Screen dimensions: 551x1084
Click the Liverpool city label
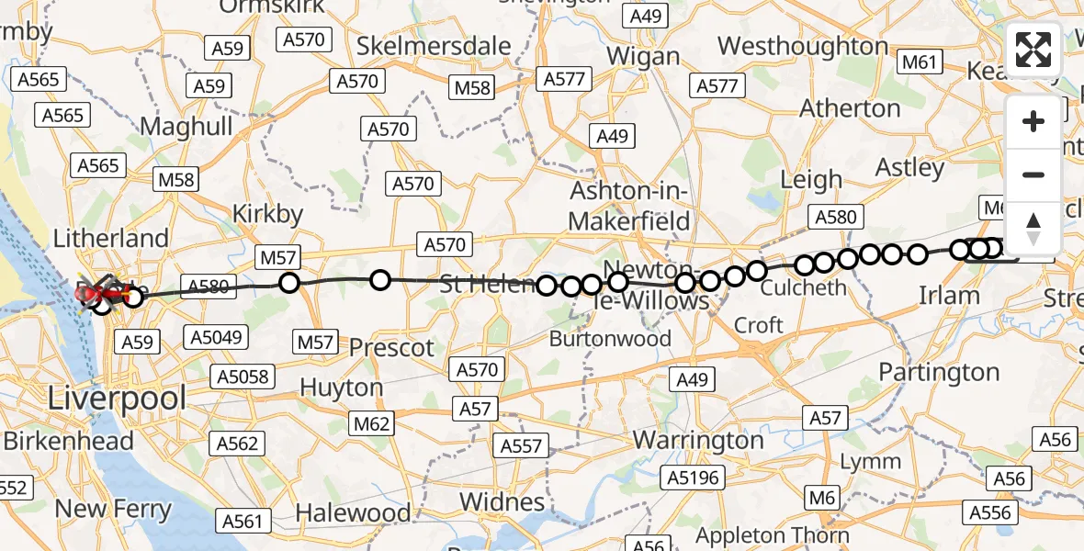(117, 399)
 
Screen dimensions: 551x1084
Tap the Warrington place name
(698, 440)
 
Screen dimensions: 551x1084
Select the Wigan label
(643, 56)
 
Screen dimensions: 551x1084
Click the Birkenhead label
(69, 441)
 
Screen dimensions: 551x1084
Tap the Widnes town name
(502, 501)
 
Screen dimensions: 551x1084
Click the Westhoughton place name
(802, 45)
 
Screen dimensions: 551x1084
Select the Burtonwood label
(610, 338)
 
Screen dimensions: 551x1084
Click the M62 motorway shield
(371, 423)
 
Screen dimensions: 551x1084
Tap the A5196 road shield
(694, 478)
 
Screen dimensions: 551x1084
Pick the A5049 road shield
(218, 337)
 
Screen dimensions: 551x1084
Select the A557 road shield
(522, 446)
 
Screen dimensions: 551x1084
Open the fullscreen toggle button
(1033, 50)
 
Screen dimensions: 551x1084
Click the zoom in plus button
(1033, 121)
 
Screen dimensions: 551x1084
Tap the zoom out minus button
(1033, 174)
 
